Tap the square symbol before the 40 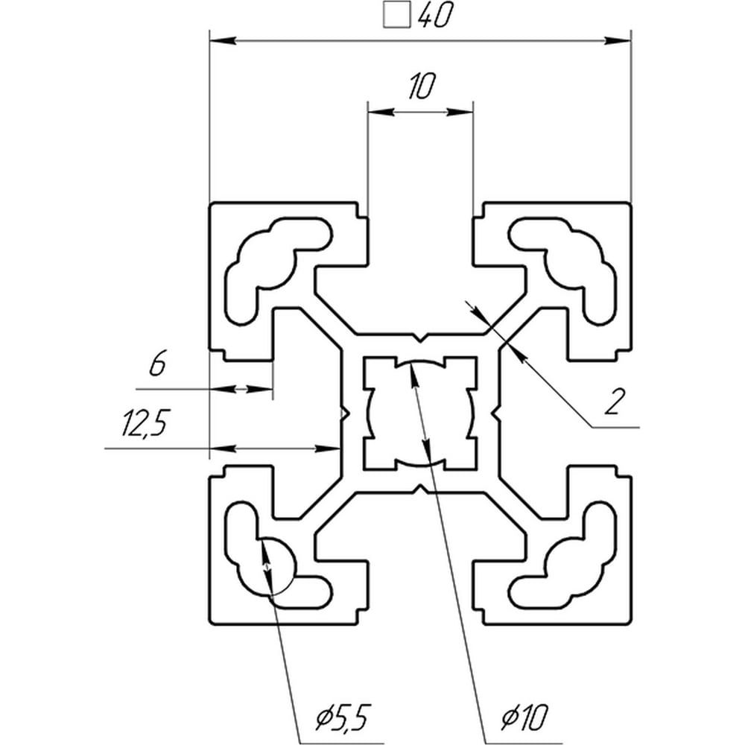(397, 15)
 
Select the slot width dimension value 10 (421, 86)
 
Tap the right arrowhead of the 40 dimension (618, 41)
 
